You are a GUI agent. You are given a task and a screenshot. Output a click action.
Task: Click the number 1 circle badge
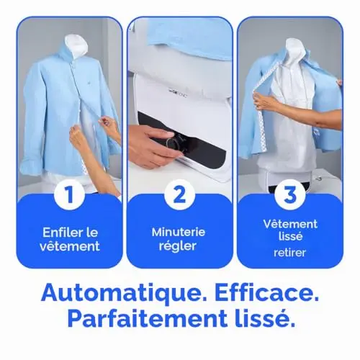point(69,195)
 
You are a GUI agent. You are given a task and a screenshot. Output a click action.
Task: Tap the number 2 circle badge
point(179,195)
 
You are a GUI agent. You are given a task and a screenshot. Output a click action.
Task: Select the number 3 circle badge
point(290,195)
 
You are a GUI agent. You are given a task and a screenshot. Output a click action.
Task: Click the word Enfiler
point(59,232)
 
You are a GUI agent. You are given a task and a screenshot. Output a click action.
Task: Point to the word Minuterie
point(179,232)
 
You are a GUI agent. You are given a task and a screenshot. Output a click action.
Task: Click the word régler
point(178,246)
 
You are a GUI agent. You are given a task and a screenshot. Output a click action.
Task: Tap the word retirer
point(290,253)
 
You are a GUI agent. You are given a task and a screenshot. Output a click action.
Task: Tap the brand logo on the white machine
point(177,91)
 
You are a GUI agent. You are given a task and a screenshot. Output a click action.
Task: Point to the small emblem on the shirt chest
point(89,82)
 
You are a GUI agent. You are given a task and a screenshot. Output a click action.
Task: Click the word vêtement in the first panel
point(70,246)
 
